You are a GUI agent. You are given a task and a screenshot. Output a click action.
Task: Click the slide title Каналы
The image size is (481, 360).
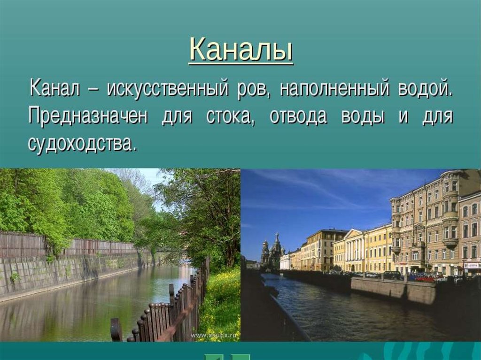(x=241, y=50)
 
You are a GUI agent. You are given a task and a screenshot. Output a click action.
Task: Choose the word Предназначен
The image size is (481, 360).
(x=88, y=116)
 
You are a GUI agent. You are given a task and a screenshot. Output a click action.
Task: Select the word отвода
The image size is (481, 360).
(x=298, y=116)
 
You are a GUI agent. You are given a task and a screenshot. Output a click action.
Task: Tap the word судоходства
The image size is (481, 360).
(x=82, y=143)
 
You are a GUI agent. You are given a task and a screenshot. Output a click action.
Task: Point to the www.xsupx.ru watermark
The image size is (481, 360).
(x=215, y=336)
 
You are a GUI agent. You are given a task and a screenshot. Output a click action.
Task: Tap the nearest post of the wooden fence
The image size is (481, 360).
(x=116, y=330)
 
